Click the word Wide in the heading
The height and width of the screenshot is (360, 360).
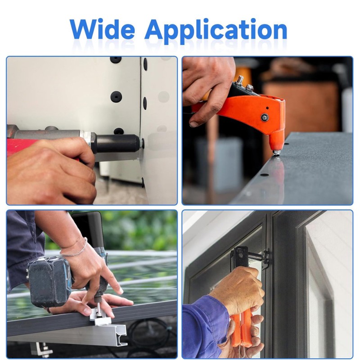click(102, 29)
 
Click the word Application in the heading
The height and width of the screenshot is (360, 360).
click(216, 31)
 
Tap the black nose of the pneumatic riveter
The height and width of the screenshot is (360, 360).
click(117, 144)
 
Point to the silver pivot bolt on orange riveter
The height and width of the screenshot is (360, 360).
click(265, 117)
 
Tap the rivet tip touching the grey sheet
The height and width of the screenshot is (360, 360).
click(276, 153)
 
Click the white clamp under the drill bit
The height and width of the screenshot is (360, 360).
click(101, 317)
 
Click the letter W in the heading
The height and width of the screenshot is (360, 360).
click(83, 29)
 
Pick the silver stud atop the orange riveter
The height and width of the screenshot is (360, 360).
click(240, 80)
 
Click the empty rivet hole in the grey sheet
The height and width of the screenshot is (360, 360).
click(264, 175)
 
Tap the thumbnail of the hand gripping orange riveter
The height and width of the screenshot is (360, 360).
click(194, 124)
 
